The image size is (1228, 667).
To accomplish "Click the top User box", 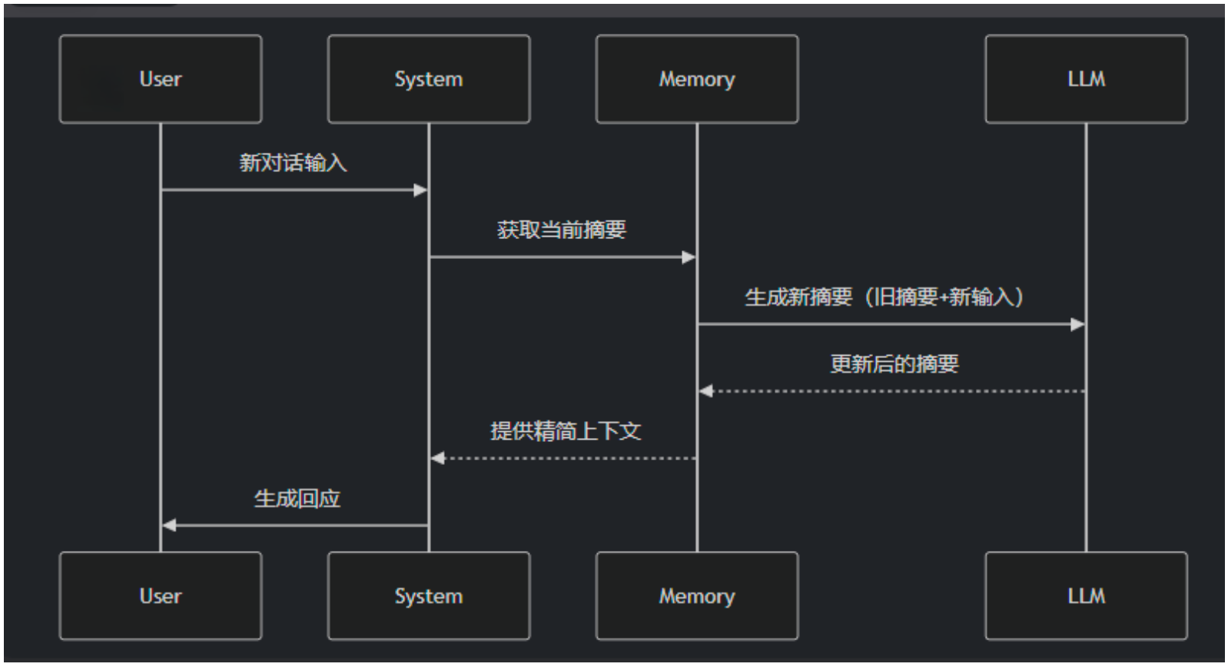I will click(160, 79).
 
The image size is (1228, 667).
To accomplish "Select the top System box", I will click(428, 79).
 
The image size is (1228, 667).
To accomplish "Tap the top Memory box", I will click(696, 79).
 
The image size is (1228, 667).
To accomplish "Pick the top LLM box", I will click(1086, 79).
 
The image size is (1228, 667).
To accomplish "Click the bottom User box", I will click(160, 596).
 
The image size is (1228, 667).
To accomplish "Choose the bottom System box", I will click(428, 596).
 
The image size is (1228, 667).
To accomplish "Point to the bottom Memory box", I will click(696, 596).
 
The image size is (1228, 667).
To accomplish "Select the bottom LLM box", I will click(1086, 596).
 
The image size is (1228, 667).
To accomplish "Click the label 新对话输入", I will click(293, 163).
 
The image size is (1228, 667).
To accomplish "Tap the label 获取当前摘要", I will click(562, 230).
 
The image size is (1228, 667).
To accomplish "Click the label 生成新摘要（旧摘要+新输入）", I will click(884, 297).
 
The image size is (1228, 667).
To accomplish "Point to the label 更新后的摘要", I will click(894, 363).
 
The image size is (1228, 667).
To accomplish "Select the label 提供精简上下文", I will click(566, 430).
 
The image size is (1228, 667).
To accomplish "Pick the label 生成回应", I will click(297, 498).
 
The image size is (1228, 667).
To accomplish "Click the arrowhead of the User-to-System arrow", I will click(420, 190).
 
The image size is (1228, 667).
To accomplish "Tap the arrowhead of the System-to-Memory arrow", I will click(689, 257).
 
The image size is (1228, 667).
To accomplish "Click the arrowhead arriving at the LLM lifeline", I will click(1077, 324).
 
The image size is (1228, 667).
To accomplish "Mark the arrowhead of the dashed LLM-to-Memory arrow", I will click(706, 391).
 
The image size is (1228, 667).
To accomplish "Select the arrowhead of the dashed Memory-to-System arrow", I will click(438, 458).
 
